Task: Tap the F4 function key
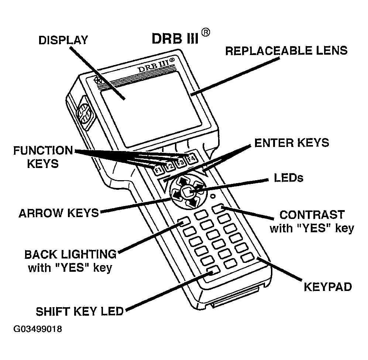click(191, 160)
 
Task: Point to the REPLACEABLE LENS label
click(286, 51)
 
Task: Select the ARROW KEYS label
click(59, 213)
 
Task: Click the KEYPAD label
click(328, 287)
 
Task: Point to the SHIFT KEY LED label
click(79, 311)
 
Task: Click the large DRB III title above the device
click(175, 38)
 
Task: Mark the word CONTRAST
click(312, 215)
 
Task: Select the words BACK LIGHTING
click(70, 254)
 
